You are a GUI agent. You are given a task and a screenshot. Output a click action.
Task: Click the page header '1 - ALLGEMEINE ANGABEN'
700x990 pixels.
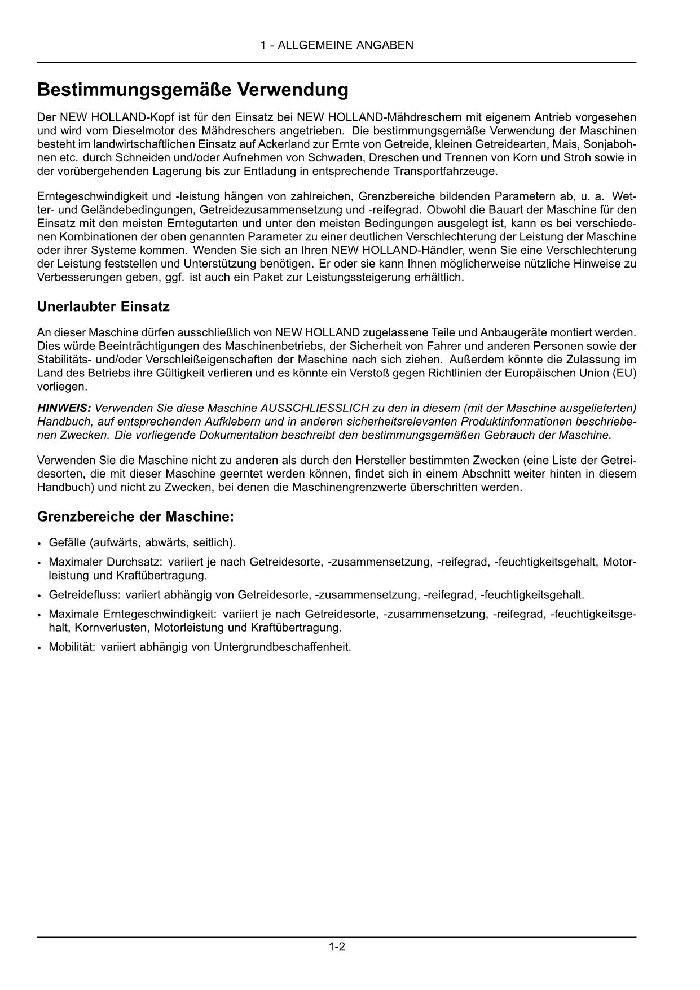[337, 45]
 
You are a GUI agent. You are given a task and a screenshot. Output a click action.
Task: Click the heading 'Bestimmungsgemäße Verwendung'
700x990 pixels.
[192, 90]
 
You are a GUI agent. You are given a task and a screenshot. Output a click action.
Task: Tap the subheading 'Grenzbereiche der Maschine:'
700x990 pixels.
[135, 516]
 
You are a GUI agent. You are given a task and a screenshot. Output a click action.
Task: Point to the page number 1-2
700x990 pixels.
[337, 947]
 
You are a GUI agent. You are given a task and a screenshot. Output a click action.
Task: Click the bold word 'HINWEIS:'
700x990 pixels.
[64, 408]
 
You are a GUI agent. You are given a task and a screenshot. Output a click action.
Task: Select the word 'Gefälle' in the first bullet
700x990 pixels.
[67, 542]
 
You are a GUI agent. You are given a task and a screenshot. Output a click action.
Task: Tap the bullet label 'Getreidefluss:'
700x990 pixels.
[84, 595]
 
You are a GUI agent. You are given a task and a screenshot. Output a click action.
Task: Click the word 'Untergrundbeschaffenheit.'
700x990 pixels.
[283, 647]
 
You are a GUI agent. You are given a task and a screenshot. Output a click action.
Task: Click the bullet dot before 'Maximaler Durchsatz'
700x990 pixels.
[39, 563]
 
